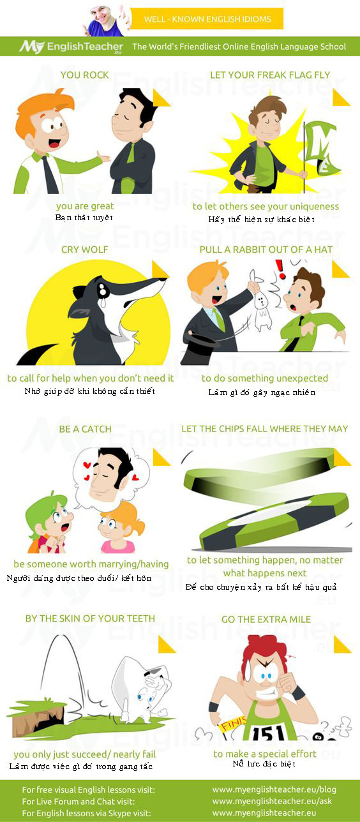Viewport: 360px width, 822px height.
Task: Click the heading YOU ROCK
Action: (84, 75)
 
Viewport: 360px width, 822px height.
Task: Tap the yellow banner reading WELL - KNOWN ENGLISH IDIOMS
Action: (207, 19)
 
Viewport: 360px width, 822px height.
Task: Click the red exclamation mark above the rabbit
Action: (281, 269)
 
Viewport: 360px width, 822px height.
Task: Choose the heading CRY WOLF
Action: (84, 250)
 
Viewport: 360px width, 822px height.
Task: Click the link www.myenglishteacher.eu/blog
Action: (274, 789)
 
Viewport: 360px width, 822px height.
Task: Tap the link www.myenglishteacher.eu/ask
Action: (272, 801)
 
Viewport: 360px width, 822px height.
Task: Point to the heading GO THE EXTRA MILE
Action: (266, 620)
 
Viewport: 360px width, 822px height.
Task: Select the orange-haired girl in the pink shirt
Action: (119, 529)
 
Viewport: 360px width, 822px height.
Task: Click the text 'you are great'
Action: (85, 206)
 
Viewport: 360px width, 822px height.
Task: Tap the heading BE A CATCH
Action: (85, 429)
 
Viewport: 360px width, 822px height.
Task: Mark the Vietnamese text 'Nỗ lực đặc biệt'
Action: (264, 764)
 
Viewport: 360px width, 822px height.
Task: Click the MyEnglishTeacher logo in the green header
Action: (71, 47)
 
